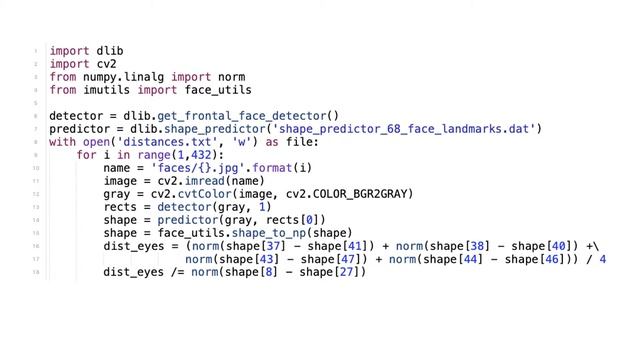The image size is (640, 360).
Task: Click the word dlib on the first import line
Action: [110, 51]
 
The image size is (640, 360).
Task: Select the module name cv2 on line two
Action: [107, 64]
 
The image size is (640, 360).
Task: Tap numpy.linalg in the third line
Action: [123, 77]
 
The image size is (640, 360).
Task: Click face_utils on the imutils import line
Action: [218, 90]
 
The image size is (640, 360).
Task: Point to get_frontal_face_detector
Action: [242, 116]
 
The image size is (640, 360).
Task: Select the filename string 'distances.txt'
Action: [167, 142]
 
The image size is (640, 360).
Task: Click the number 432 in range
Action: [201, 155]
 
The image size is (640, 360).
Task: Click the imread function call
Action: [204, 181]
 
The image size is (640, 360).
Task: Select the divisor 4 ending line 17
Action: [602, 259]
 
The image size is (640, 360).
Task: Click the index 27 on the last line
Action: [346, 272]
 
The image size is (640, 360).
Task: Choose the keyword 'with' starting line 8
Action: [62, 142]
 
